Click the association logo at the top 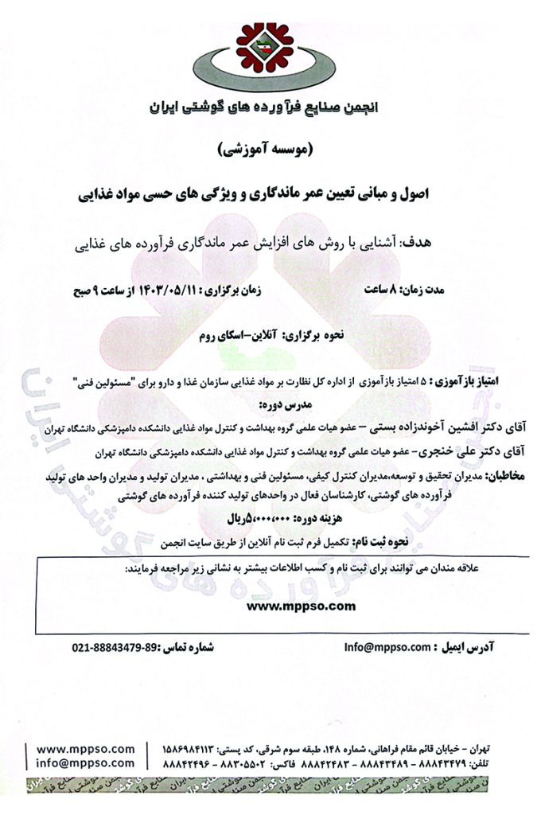270,52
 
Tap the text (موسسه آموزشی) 273,149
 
